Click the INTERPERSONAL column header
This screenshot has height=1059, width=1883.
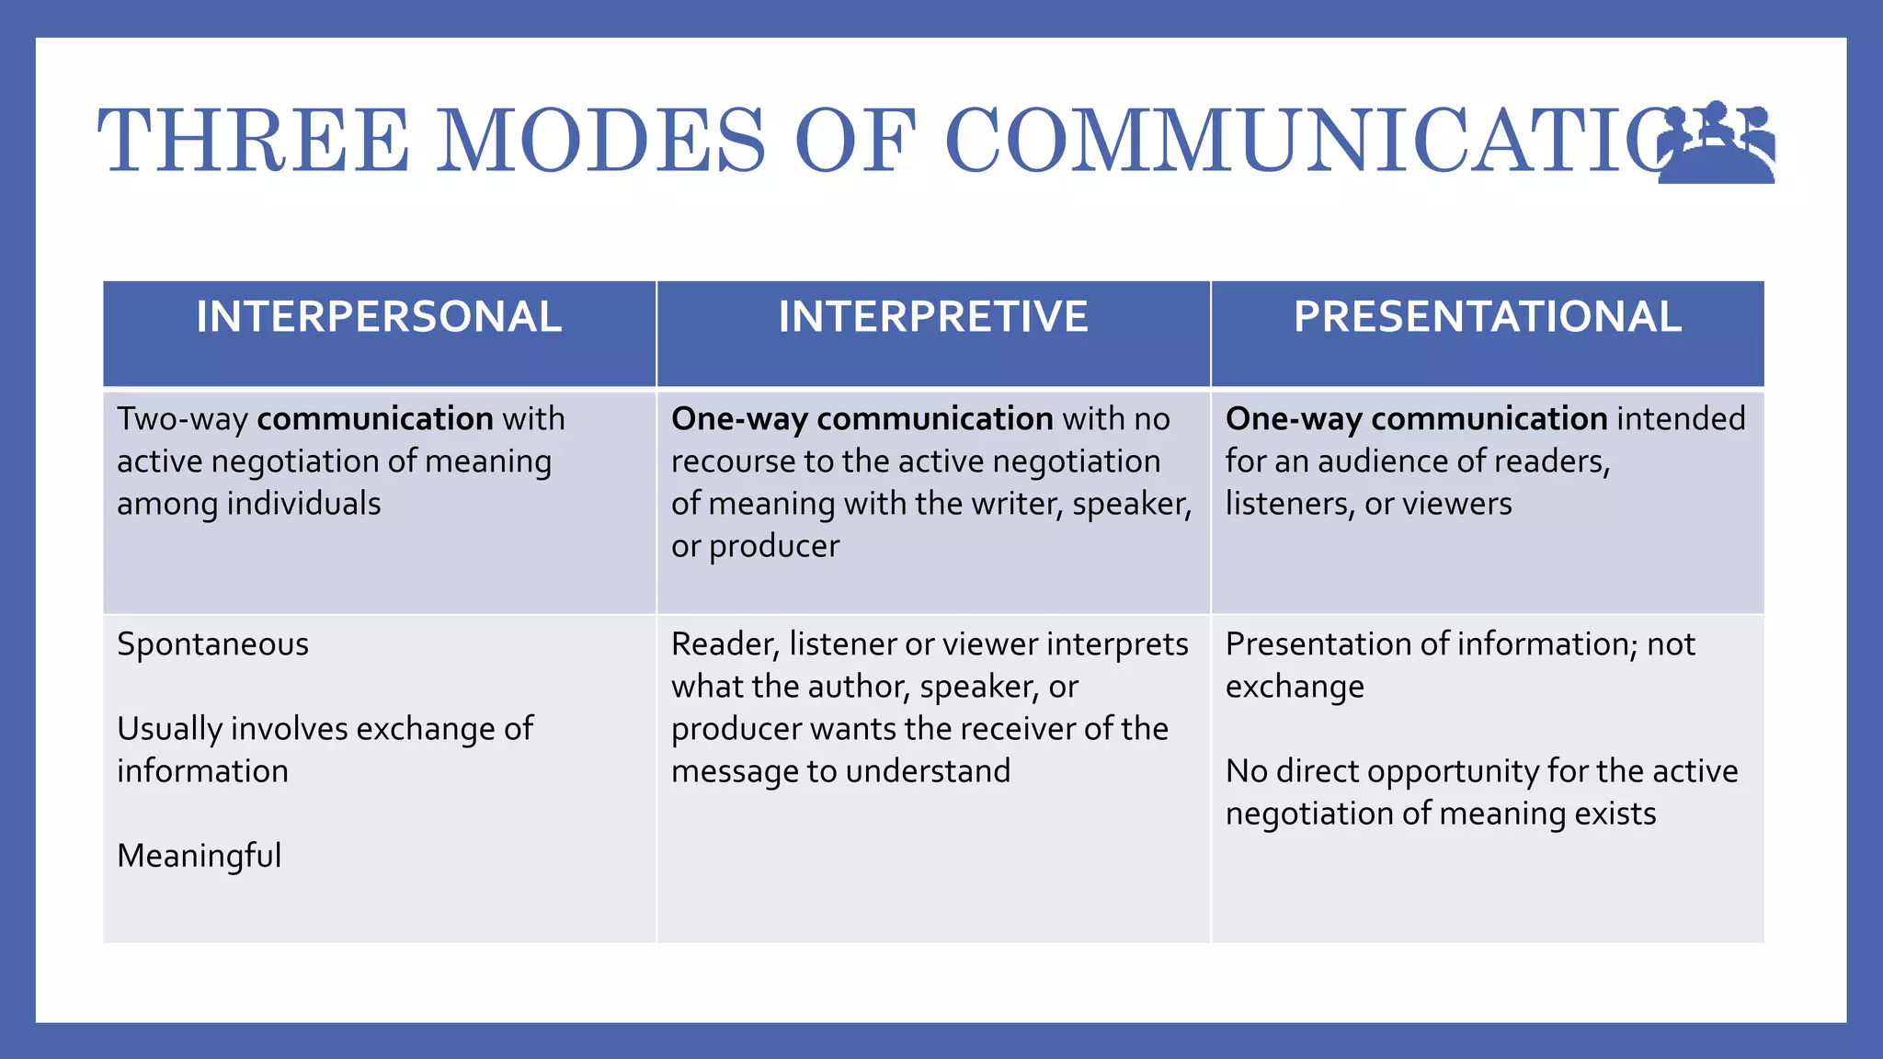[x=379, y=317]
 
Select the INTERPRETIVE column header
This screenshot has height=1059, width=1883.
[x=933, y=317]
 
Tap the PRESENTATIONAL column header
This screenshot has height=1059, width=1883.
[x=1488, y=317]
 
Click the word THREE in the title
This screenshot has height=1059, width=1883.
[x=253, y=141]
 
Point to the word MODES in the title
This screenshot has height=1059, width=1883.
[x=600, y=141]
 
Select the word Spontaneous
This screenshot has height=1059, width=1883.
[x=212, y=644]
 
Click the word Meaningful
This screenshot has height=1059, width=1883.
[x=199, y=856]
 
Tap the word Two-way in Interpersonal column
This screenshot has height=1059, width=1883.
[x=182, y=419]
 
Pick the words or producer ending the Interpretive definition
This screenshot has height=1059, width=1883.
[x=755, y=546]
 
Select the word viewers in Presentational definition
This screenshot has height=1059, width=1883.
[x=1456, y=504]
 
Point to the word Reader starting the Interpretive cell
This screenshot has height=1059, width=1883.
[x=725, y=644]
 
